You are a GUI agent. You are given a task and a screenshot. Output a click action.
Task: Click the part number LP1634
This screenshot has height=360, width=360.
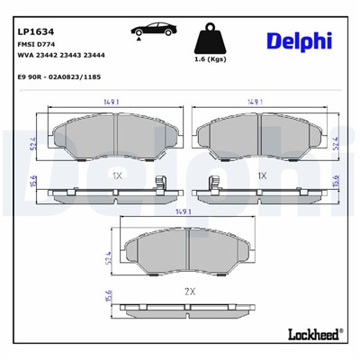(x=32, y=14)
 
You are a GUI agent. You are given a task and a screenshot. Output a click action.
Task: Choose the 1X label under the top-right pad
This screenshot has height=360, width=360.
(x=263, y=177)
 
